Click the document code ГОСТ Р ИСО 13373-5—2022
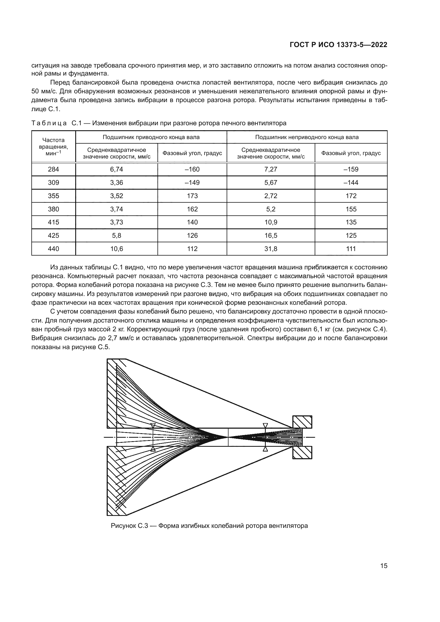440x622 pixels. pyautogui.click(x=338, y=45)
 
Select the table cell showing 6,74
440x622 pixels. pyautogui.click(x=117, y=169)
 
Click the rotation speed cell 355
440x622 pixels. pyautogui.click(x=53, y=196)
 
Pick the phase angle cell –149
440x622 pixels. pyautogui.click(x=192, y=183)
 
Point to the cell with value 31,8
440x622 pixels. pyautogui.click(x=271, y=249)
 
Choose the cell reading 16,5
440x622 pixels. pyautogui.click(x=271, y=235)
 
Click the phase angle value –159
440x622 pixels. pyautogui.click(x=351, y=169)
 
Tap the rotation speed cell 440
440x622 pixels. pyautogui.click(x=53, y=249)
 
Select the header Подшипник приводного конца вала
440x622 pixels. pyautogui.click(x=151, y=137)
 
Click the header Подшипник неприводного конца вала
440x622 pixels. pyautogui.click(x=307, y=137)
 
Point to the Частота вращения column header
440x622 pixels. pyautogui.click(x=53, y=147)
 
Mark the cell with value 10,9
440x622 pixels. pyautogui.click(x=271, y=222)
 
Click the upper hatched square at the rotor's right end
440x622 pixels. pyautogui.click(x=302, y=422)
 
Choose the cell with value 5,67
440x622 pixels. pyautogui.click(x=271, y=183)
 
